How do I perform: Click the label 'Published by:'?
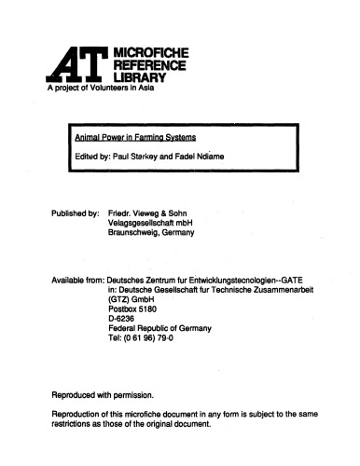point(76,212)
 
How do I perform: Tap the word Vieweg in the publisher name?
point(149,212)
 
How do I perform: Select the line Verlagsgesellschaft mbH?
point(154,224)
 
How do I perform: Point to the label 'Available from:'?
point(76,281)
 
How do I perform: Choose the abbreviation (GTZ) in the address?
point(120,303)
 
